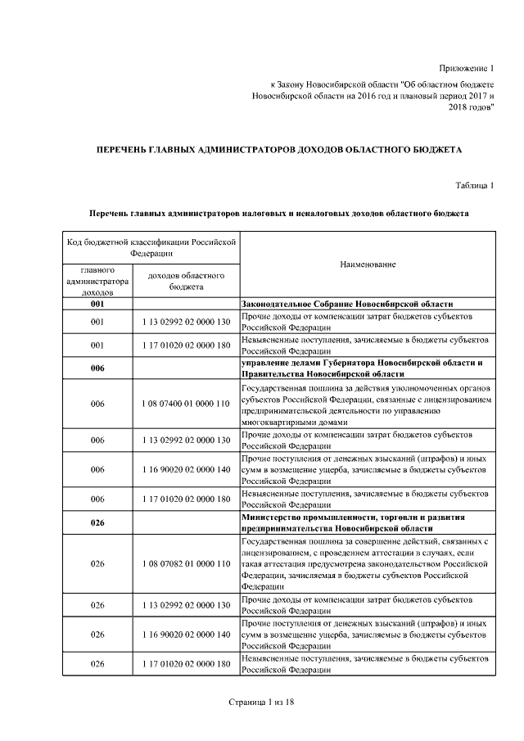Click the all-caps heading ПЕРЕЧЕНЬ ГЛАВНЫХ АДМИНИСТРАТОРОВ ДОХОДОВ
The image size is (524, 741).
[x=278, y=150]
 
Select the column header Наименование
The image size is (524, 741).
[x=368, y=264]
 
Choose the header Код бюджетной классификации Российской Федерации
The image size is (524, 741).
[x=149, y=248]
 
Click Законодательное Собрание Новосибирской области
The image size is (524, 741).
[x=347, y=303]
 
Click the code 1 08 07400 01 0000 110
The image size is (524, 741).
[x=186, y=404]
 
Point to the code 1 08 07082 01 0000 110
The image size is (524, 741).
[x=186, y=564]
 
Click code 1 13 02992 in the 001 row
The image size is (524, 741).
[x=186, y=322]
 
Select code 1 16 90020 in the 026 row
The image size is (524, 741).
[x=186, y=635]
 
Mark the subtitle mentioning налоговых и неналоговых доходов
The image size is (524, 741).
[x=278, y=213]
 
